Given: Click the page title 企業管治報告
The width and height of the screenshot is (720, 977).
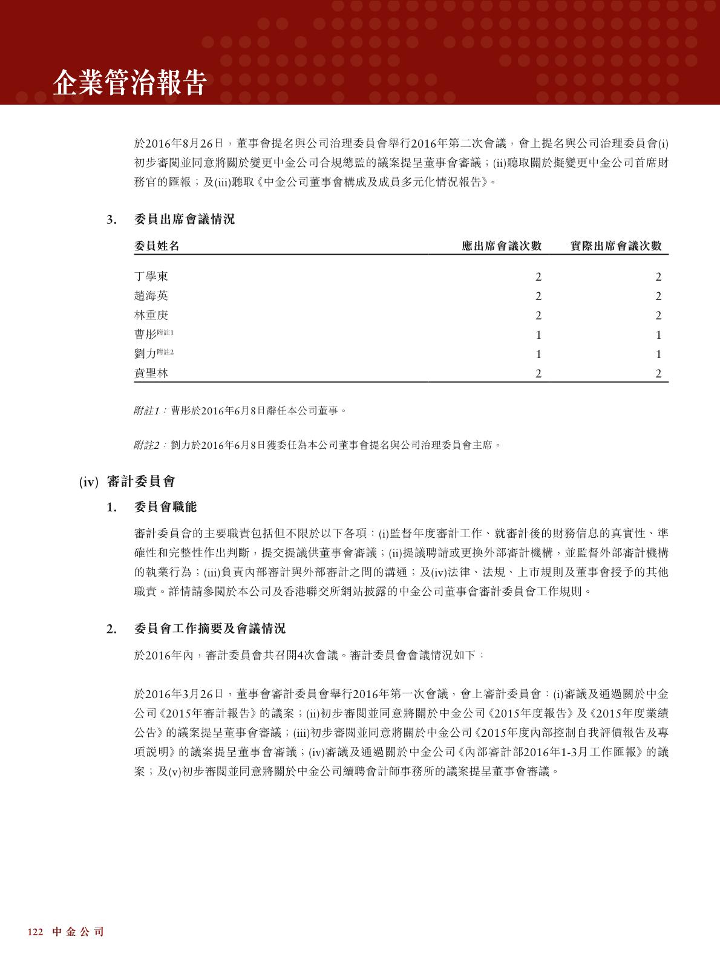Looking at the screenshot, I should pyautogui.click(x=129, y=82).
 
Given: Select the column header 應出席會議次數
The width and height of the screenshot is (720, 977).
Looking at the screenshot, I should pyautogui.click(x=502, y=246).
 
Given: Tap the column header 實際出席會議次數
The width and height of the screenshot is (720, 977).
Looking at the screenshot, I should pyautogui.click(x=616, y=246).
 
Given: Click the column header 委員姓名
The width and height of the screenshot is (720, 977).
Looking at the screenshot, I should pyautogui.click(x=157, y=246).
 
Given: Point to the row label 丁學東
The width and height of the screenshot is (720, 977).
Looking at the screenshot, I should pyautogui.click(x=151, y=276).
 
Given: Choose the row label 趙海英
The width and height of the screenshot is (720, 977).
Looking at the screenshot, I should pyautogui.click(x=151, y=296).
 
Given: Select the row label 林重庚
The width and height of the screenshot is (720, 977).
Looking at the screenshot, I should pyautogui.click(x=151, y=315).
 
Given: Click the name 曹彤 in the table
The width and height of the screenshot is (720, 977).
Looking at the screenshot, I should pyautogui.click(x=145, y=335).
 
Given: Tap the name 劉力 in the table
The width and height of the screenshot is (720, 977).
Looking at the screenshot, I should pyautogui.click(x=145, y=354).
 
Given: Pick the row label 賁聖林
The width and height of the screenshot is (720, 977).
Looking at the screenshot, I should pyautogui.click(x=151, y=373).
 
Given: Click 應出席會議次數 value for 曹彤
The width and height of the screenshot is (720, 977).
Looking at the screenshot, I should pyautogui.click(x=538, y=335).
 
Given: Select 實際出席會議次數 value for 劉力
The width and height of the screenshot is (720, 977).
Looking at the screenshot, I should pyautogui.click(x=658, y=355).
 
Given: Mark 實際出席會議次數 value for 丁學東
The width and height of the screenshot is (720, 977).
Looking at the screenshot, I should pyautogui.click(x=658, y=277).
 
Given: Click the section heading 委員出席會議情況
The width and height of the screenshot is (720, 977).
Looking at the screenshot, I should pyautogui.click(x=184, y=220).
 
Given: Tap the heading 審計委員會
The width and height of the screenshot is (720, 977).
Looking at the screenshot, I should pyautogui.click(x=140, y=482).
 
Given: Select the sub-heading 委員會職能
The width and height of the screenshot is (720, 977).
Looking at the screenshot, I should pyautogui.click(x=165, y=507).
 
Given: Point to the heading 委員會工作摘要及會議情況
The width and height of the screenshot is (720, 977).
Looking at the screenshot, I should pyautogui.click(x=209, y=629).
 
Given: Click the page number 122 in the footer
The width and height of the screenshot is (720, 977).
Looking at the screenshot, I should pyautogui.click(x=35, y=932).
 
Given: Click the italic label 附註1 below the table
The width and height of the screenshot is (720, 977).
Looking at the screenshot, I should pyautogui.click(x=146, y=411).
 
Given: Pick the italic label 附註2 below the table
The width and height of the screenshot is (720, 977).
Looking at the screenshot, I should pyautogui.click(x=146, y=445).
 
